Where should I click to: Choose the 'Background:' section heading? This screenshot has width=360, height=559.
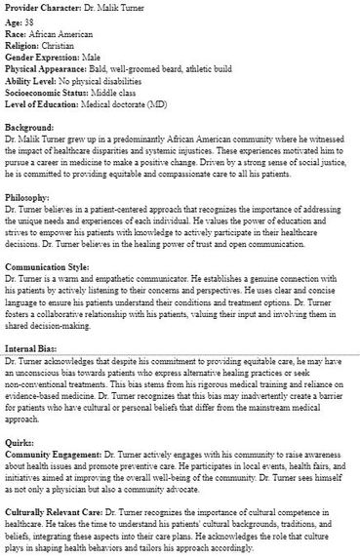tap(29, 128)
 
